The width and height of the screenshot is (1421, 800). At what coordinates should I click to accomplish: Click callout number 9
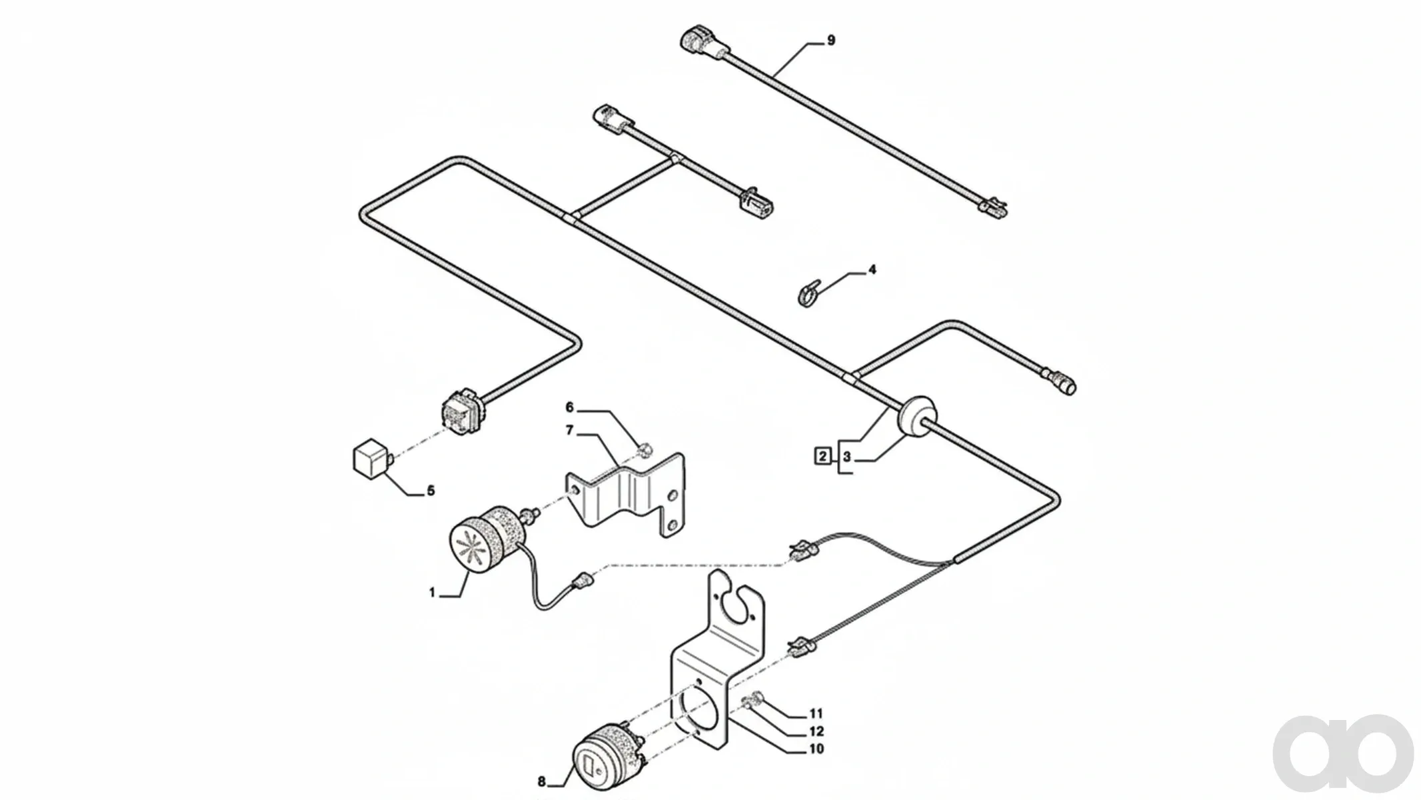[830, 41]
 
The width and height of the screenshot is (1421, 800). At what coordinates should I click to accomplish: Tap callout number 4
[872, 270]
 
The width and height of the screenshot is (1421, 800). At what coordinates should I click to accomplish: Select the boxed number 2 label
[823, 457]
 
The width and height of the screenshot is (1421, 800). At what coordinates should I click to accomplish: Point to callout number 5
[431, 491]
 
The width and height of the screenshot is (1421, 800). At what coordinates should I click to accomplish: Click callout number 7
[569, 431]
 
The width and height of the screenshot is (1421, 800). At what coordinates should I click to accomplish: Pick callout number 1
[432, 593]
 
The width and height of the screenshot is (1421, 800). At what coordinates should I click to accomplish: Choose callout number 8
[541, 782]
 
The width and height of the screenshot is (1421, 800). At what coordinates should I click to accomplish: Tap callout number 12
[816, 731]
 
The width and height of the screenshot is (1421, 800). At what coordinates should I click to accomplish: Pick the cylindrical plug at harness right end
[1061, 382]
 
